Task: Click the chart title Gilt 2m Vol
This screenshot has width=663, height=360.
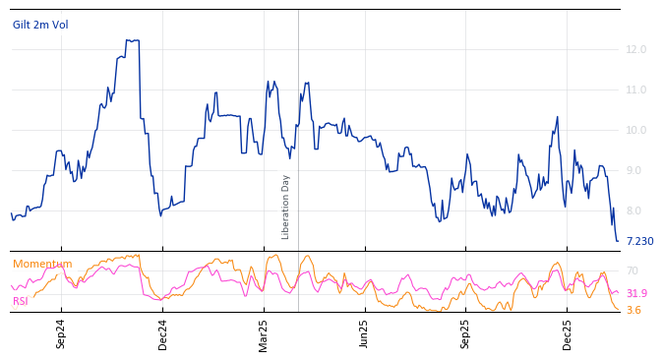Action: coord(40,25)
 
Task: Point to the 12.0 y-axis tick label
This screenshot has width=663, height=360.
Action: coord(635,49)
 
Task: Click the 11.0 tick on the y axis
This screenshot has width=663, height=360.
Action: coord(635,90)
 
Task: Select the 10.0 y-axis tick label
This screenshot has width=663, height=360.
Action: coord(635,130)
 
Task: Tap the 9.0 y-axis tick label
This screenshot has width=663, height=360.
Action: coord(635,170)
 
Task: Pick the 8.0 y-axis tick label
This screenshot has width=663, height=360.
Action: coord(635,210)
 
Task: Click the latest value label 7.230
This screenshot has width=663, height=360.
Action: coord(639,241)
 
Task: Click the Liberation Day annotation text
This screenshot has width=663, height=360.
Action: coord(286,207)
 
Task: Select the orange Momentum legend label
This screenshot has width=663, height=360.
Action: coord(42,264)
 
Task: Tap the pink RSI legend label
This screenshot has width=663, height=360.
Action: coord(21,301)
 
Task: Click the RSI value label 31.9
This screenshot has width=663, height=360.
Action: coord(636,293)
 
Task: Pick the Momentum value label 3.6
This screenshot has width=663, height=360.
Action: coord(633,310)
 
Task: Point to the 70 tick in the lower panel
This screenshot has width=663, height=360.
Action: coord(633,270)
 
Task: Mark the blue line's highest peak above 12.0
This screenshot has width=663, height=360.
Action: coord(132,40)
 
